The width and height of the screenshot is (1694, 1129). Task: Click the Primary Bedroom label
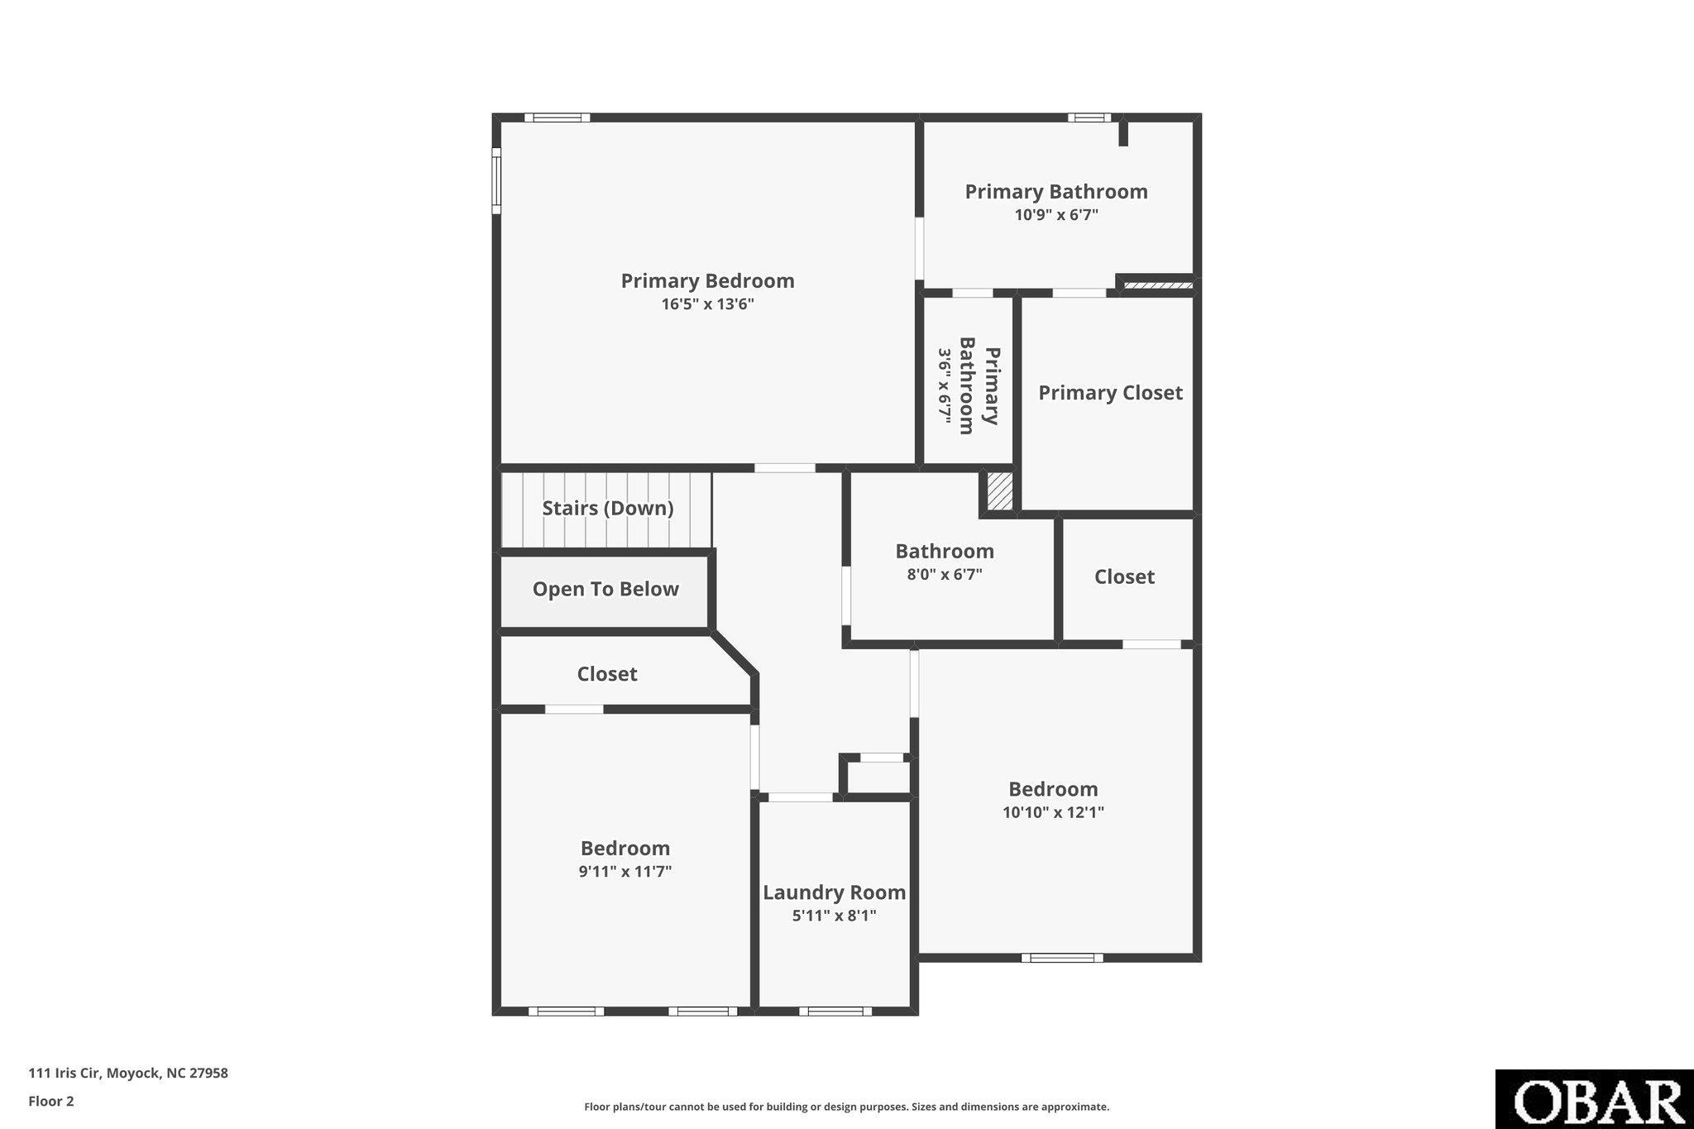[707, 281]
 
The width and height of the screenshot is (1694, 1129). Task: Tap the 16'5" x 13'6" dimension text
[707, 304]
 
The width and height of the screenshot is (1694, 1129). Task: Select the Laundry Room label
[834, 893]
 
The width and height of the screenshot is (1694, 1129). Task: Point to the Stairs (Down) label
[607, 508]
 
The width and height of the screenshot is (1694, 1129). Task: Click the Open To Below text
[605, 589]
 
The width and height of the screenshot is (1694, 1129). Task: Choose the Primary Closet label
[1110, 393]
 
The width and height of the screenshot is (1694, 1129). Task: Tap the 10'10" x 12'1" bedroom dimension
[1053, 812]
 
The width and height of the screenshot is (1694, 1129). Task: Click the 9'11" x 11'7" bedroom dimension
[624, 871]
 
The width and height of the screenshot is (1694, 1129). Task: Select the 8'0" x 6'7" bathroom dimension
[945, 573]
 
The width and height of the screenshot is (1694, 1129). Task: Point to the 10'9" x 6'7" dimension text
[1056, 215]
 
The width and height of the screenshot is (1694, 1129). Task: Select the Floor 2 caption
[51, 1101]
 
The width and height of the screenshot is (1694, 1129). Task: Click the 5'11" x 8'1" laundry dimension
[834, 916]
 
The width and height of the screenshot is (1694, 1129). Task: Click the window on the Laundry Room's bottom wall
[835, 1011]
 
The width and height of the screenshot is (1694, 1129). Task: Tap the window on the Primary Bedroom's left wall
[496, 180]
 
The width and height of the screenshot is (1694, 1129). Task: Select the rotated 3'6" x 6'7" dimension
[945, 385]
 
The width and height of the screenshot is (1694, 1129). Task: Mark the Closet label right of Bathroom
[1124, 576]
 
